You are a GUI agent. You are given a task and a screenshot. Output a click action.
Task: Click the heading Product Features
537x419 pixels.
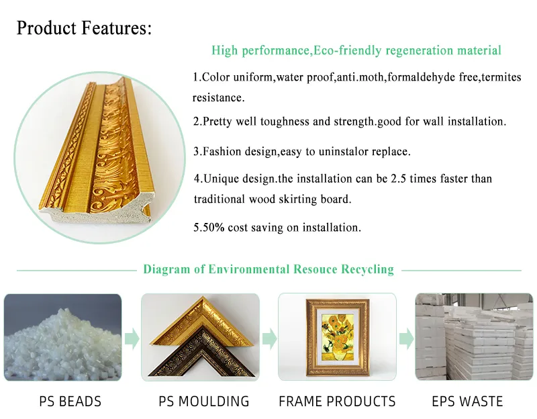coord(85,28)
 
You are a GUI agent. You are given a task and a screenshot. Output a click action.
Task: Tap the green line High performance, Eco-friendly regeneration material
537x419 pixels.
coord(356,50)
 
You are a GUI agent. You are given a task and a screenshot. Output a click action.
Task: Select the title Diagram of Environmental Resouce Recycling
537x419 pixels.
coord(268,269)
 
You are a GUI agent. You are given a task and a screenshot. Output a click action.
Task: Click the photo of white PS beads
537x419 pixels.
coord(63,337)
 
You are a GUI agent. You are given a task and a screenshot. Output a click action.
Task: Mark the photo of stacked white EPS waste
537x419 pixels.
coord(474,337)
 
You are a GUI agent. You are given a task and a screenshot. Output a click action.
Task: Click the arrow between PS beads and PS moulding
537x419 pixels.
coord(132,337)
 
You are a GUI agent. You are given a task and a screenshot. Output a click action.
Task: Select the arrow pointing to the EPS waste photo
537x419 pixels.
coord(406,337)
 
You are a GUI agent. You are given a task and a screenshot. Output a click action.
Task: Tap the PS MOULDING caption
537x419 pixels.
coord(204,402)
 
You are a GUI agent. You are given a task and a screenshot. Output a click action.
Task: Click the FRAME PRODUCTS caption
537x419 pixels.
coord(337,402)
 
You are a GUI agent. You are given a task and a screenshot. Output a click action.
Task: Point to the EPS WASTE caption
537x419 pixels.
coord(469,402)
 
